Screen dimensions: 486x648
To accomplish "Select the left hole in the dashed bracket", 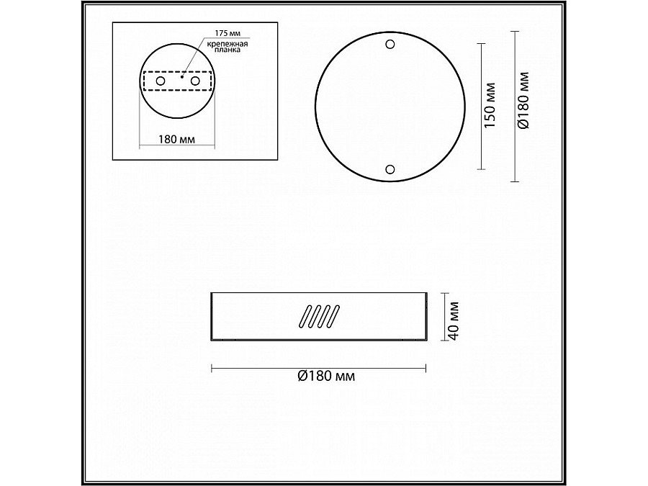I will pyautogui.click(x=161, y=81).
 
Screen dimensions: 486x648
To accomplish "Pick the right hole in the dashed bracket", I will pyautogui.click(x=194, y=81).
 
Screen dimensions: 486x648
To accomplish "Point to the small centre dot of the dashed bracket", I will pyautogui.click(x=182, y=76).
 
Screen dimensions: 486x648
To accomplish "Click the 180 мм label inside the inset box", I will pyautogui.click(x=176, y=139).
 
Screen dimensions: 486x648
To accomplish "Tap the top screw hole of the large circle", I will pyautogui.click(x=390, y=44).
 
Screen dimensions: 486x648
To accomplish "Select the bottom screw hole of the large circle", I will pyautogui.click(x=390, y=169).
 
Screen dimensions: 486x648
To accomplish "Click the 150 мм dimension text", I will pyautogui.click(x=490, y=107).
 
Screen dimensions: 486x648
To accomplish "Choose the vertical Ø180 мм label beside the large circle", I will pyautogui.click(x=524, y=100).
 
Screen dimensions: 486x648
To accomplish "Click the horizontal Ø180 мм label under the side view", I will pyautogui.click(x=326, y=376).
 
